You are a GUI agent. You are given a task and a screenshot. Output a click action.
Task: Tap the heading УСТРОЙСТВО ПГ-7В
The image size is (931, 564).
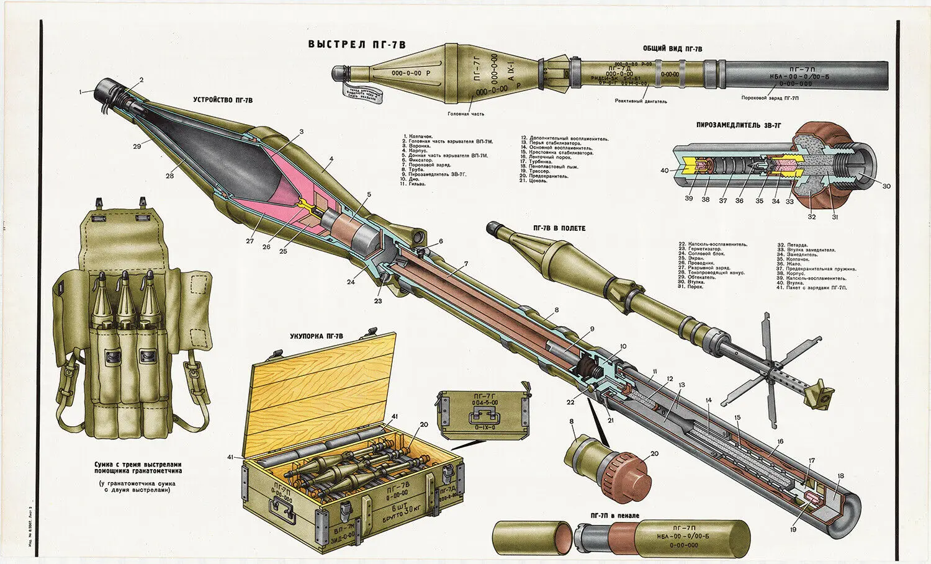(222, 99)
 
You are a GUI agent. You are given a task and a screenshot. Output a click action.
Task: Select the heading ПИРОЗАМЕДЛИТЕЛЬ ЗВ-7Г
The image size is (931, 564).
(738, 125)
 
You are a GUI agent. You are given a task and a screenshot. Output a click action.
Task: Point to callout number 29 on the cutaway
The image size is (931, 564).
(136, 146)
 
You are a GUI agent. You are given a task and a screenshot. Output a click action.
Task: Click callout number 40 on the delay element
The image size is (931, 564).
(664, 171)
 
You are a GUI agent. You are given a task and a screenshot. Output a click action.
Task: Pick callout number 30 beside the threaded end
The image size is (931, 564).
(886, 186)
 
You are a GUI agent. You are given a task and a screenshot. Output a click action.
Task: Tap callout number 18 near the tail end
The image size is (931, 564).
(840, 477)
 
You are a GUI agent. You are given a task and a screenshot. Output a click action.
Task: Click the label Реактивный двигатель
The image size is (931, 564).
(641, 101)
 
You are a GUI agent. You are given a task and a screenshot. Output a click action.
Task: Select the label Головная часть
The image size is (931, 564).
(465, 114)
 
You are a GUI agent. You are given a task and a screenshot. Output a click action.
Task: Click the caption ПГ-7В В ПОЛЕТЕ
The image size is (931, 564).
(559, 228)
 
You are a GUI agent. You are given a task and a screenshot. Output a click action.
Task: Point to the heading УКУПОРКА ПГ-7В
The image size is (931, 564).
(316, 336)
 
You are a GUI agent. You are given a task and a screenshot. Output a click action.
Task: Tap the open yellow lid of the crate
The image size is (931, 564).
(323, 391)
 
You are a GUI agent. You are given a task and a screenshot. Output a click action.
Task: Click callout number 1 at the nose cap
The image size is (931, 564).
(81, 92)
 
